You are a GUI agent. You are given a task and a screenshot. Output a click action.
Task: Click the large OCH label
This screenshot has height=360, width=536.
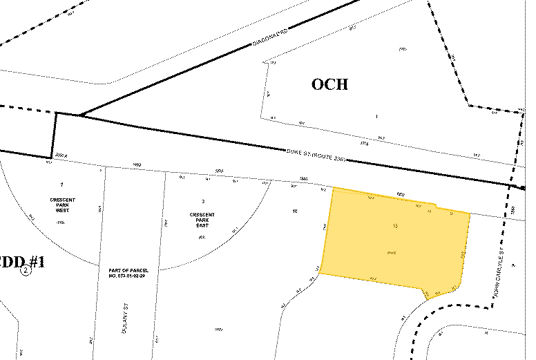pyautogui.click(x=329, y=85)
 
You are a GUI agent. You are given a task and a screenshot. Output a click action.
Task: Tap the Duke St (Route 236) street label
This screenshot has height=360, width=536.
pyautogui.click(x=314, y=156)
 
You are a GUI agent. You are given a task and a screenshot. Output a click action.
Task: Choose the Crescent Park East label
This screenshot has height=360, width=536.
pyautogui.click(x=202, y=220)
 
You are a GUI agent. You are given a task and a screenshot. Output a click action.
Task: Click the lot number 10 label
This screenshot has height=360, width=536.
pyautogui.click(x=295, y=211)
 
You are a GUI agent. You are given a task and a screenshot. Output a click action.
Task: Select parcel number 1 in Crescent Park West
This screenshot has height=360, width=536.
pyautogui.click(x=61, y=185)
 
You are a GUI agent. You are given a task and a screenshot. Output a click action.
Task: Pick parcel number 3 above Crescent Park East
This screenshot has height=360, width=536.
pyautogui.click(x=202, y=200)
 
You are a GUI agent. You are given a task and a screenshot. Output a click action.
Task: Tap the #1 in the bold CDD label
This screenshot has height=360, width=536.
pyautogui.click(x=36, y=262)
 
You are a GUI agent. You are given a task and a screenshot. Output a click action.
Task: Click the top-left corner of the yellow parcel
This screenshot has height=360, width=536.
pyautogui.click(x=334, y=188)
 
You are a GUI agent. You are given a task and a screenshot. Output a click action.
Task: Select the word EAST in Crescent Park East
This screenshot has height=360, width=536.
pyautogui.click(x=202, y=225)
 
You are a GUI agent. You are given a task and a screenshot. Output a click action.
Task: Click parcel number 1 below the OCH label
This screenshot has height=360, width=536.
pyautogui.click(x=376, y=116)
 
